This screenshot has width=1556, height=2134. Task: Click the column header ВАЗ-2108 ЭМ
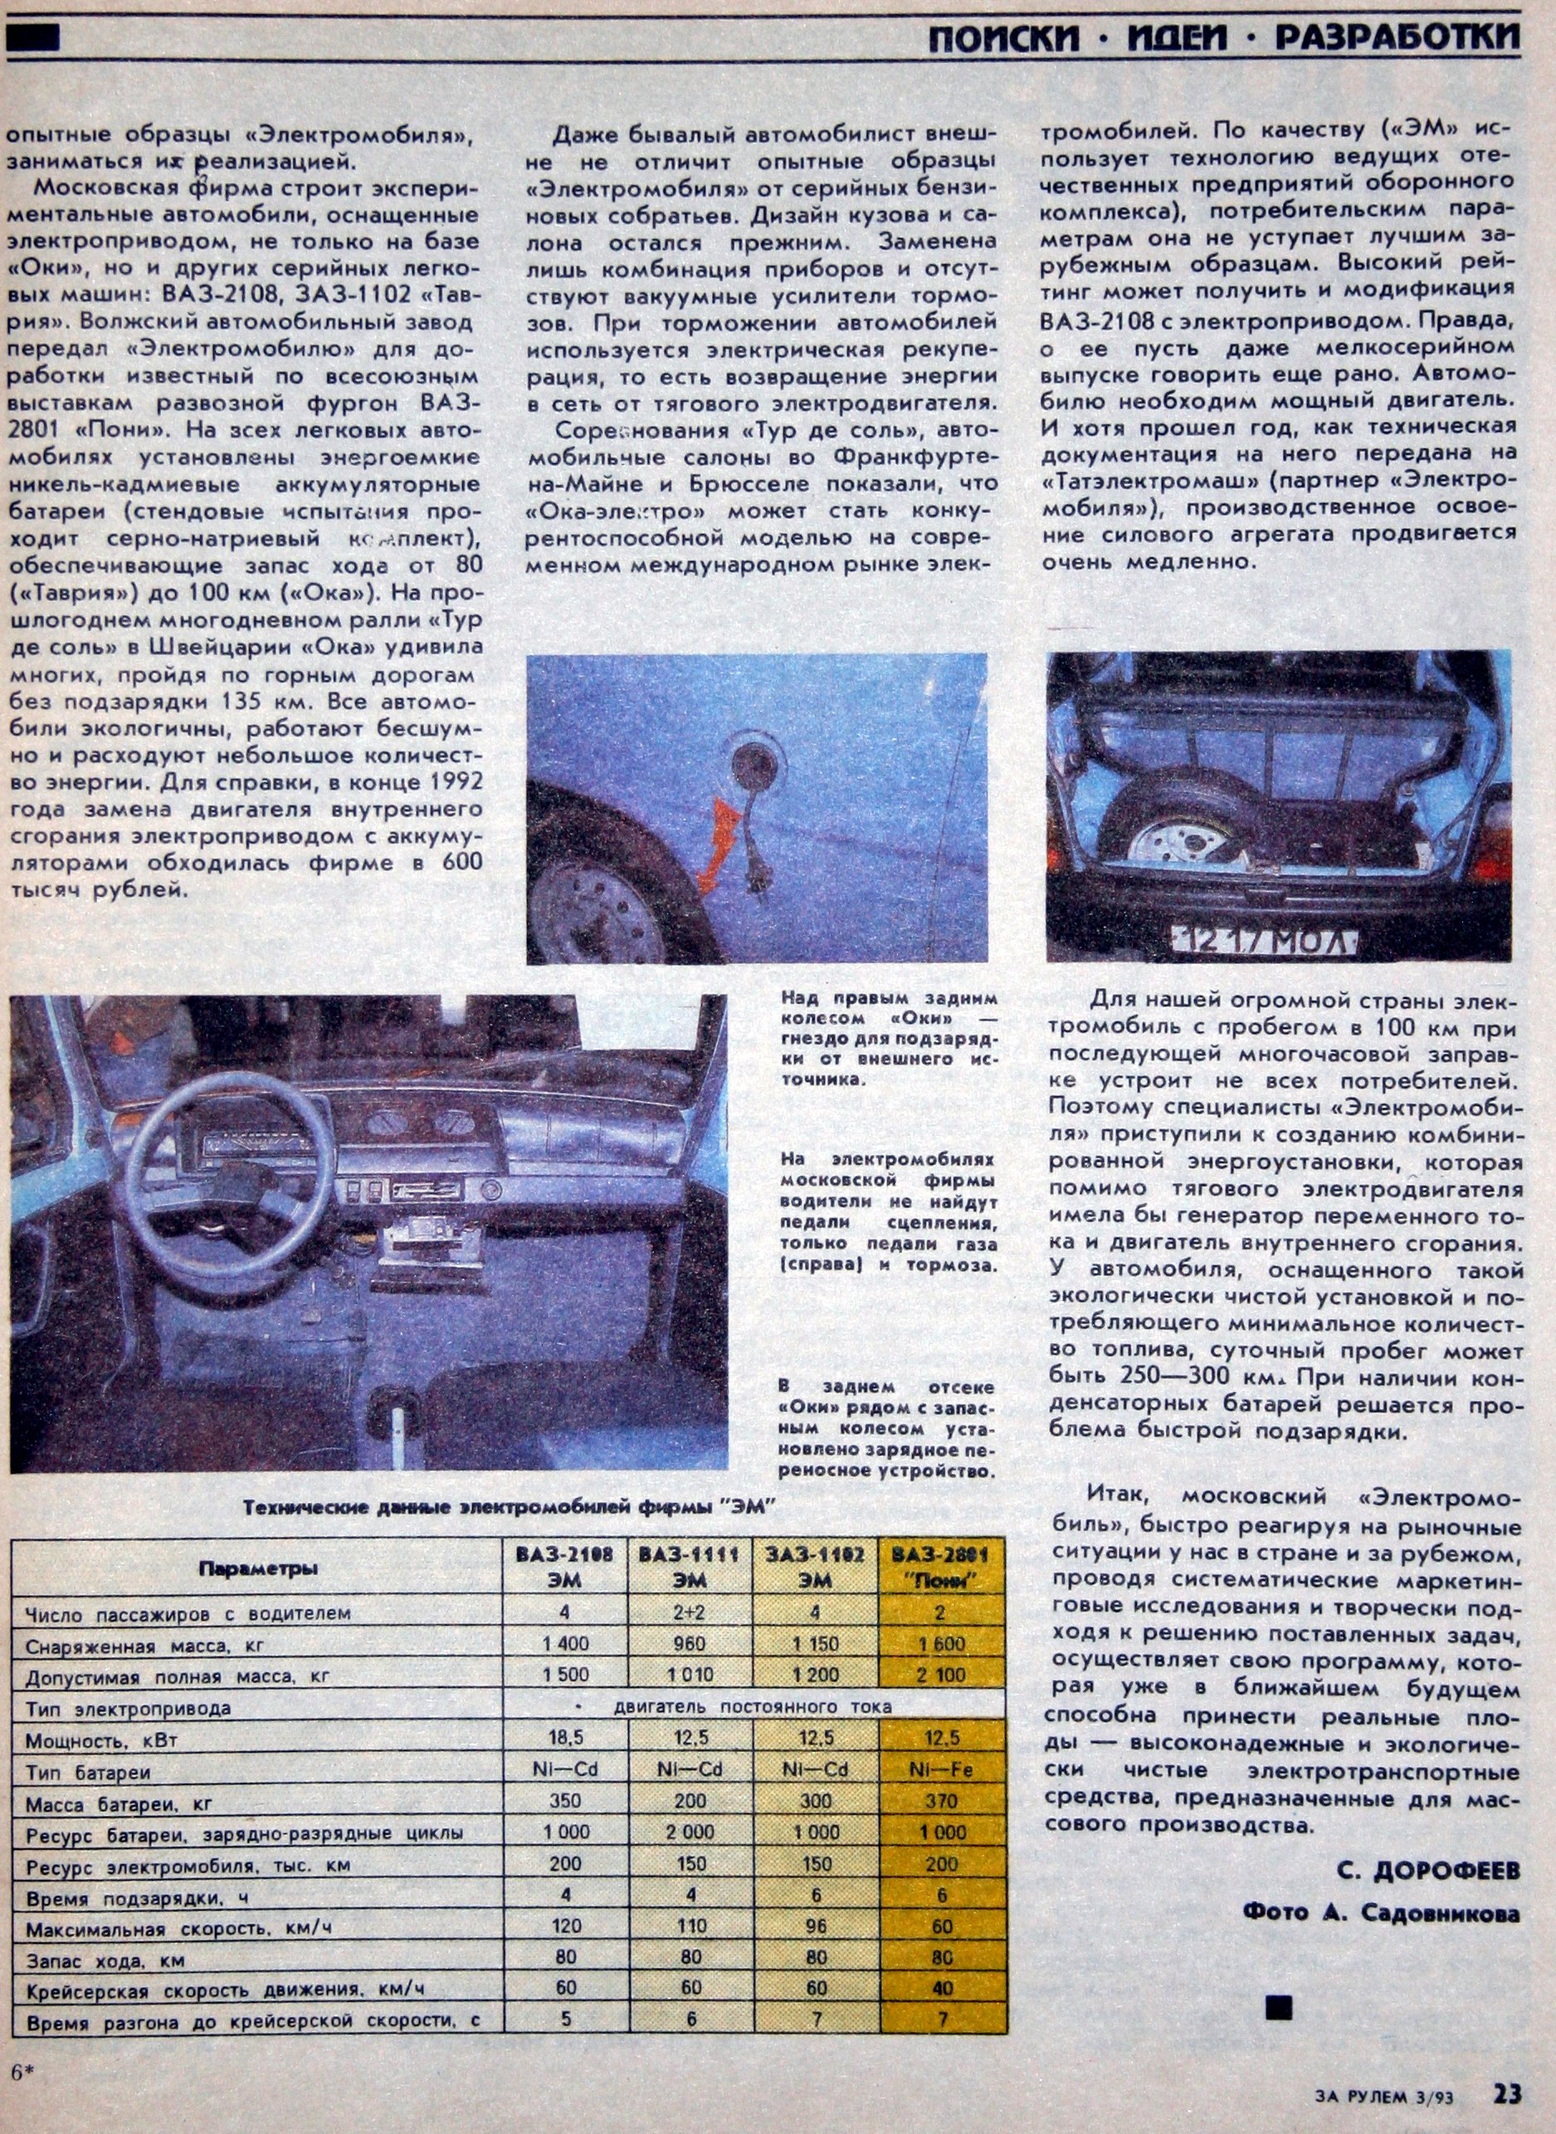point(565,1567)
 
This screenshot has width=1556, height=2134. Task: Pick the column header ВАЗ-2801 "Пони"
point(942,1567)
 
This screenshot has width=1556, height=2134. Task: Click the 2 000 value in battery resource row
point(690,1833)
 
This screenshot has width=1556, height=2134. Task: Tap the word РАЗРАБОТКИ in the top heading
point(1397,37)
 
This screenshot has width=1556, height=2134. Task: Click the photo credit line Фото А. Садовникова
point(1381,1912)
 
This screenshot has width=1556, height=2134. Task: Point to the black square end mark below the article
point(1279,2008)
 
